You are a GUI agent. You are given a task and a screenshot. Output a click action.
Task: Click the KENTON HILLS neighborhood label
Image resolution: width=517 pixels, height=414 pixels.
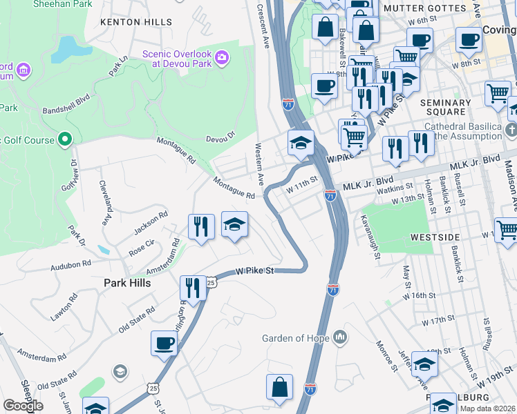coord(135,22)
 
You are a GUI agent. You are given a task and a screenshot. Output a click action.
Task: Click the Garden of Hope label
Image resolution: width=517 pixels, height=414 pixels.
coord(297,338)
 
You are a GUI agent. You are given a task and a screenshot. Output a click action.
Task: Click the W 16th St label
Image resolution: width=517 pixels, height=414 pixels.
coord(419,295)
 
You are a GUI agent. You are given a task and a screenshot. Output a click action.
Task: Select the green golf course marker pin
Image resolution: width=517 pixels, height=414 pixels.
coord(64,140)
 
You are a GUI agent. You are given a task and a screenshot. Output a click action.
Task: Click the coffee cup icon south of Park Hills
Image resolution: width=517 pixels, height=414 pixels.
coord(164,343)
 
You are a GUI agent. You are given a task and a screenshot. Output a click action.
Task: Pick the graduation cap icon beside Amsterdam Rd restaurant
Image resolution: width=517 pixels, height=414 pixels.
coord(234,224)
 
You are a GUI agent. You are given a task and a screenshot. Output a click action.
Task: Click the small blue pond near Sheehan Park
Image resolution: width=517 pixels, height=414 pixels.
coord(66,50)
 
